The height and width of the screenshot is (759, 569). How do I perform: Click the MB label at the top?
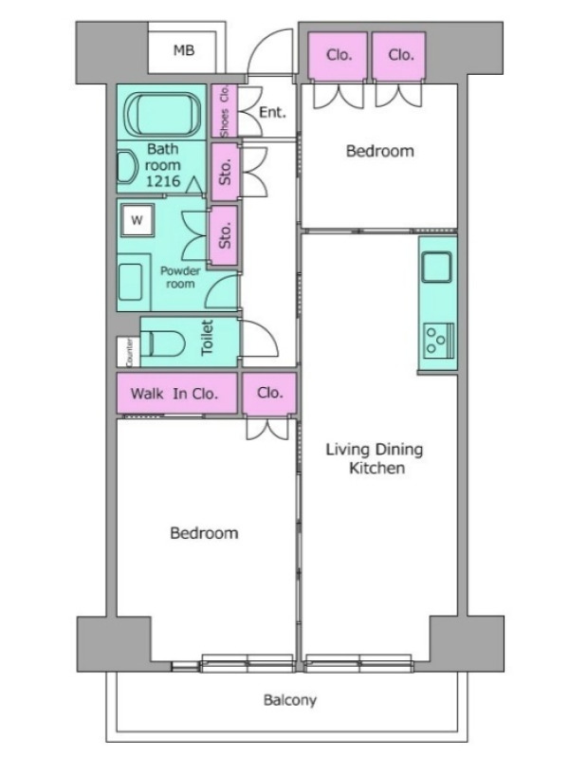[184, 50]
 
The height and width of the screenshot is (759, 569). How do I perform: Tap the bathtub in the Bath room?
[162, 113]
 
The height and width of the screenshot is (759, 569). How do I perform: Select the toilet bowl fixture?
[167, 343]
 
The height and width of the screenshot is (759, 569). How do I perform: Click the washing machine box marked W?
[138, 220]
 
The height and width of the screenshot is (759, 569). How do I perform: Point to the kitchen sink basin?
[436, 267]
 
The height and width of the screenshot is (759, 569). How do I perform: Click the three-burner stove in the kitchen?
[439, 340]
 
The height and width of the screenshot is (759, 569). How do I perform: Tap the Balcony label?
[290, 700]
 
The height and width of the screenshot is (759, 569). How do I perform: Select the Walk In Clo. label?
[174, 394]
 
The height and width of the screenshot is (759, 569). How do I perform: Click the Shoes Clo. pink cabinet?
[224, 111]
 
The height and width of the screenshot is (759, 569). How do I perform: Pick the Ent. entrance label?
[272, 112]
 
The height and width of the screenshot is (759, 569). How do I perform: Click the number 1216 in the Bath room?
[163, 181]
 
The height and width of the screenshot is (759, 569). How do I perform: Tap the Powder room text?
[180, 277]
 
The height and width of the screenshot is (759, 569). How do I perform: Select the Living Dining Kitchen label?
[375, 458]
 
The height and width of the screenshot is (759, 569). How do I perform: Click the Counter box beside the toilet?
[129, 351]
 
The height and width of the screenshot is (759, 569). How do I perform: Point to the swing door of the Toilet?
[260, 338]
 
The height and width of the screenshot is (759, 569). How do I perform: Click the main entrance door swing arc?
[270, 52]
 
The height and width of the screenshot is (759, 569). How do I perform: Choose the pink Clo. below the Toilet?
[269, 393]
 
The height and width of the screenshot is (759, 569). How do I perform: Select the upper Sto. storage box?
[225, 172]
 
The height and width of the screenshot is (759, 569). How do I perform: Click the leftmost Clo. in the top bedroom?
[338, 55]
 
